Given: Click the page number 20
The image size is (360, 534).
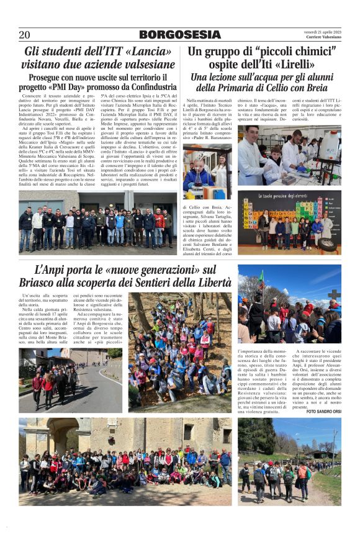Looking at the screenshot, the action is [x=24, y=35].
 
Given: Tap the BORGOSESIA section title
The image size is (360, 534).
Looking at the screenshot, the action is [x=179, y=35].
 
